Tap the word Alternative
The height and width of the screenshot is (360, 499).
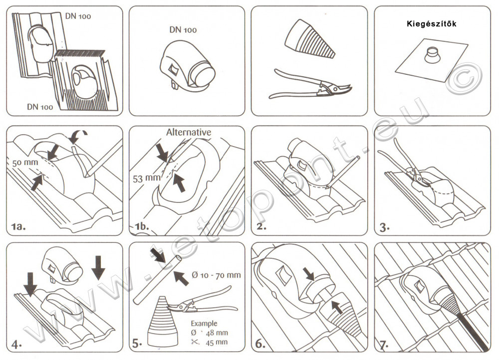(188, 132)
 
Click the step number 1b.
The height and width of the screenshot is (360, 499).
(142, 227)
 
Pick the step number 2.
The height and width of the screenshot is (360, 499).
(262, 227)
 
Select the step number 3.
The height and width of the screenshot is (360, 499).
(385, 227)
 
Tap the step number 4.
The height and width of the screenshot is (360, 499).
(17, 344)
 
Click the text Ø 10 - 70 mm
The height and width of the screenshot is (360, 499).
(216, 275)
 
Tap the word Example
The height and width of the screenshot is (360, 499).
(203, 324)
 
